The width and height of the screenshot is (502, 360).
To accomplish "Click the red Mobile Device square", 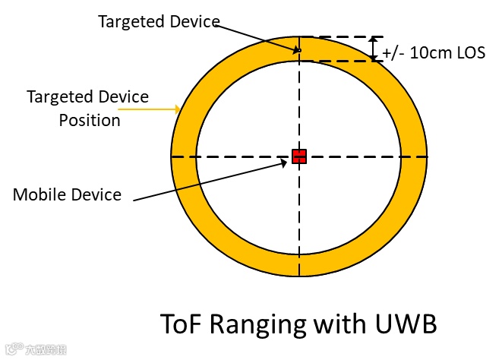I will (299, 156).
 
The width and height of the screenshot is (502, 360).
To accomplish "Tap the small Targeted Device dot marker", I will (299, 50).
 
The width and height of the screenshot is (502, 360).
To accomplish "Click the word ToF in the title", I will (183, 324).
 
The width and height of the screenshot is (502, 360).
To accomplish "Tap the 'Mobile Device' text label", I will (67, 194).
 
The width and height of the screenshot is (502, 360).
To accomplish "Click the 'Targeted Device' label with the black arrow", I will (159, 21).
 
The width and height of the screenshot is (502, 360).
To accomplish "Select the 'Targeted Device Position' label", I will (89, 108).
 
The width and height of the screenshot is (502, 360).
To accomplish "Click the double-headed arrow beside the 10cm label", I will (374, 49).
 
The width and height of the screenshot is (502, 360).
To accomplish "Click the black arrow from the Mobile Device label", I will (213, 180).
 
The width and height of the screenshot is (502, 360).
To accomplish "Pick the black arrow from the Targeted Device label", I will (258, 37).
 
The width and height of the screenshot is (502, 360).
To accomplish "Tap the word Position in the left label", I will (90, 120).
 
